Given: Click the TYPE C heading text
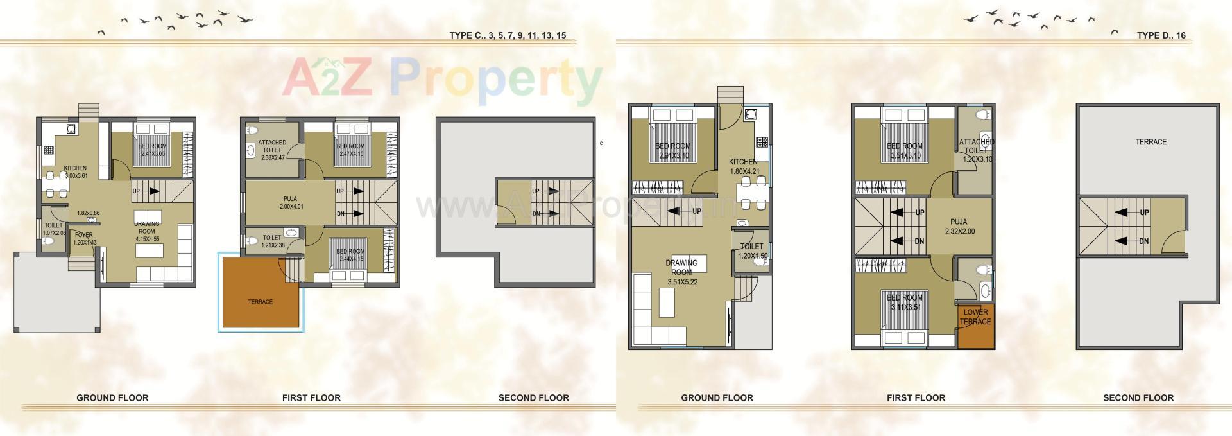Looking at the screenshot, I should coord(508,36).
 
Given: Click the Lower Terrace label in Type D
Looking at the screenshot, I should coord(975,317).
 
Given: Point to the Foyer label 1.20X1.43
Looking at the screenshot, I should coord(83,239).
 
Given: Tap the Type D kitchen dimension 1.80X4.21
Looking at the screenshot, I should coord(743,171).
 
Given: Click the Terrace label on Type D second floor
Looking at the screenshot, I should coord(1151,142).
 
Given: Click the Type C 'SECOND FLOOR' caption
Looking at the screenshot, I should coord(533,397).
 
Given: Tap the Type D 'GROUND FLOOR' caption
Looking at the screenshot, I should coord(717,397).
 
